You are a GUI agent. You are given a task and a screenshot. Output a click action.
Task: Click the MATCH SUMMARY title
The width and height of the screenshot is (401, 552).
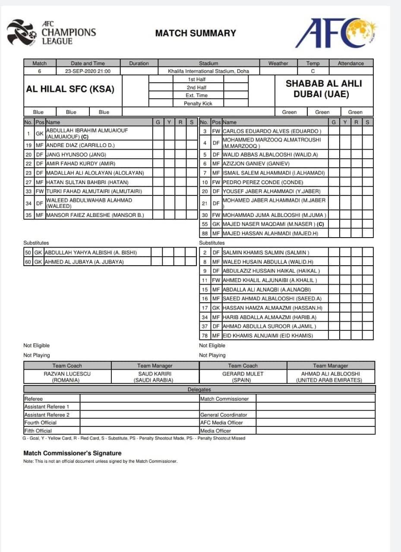click(x=196, y=33)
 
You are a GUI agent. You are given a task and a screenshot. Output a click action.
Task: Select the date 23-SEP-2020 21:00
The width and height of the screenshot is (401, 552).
click(x=88, y=71)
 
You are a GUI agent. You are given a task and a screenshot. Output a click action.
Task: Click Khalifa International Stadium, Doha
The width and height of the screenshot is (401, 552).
click(x=208, y=71)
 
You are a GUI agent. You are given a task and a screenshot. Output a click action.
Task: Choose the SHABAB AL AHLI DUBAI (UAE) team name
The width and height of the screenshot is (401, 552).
click(x=324, y=89)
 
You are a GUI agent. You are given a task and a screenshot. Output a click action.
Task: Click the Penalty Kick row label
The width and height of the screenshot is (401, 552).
click(x=198, y=103)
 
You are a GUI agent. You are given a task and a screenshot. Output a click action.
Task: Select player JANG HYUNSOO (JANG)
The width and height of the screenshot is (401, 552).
click(x=76, y=154)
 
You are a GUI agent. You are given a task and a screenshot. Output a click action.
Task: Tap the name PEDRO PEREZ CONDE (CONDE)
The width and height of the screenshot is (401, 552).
click(x=263, y=182)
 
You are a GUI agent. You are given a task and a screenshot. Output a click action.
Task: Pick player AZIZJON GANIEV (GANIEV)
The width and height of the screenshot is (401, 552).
click(x=256, y=163)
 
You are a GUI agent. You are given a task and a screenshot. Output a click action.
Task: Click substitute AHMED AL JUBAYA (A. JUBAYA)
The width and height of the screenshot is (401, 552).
click(x=84, y=262)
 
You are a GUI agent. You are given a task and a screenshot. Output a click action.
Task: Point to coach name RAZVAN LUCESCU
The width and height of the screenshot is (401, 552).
click(x=67, y=374)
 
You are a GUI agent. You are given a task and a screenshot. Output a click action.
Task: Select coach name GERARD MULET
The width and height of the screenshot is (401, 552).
click(x=243, y=374)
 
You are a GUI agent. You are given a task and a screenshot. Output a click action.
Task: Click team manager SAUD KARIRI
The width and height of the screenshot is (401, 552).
click(x=155, y=374)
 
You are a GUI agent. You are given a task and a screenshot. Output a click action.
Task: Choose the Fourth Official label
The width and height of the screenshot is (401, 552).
click(x=40, y=423)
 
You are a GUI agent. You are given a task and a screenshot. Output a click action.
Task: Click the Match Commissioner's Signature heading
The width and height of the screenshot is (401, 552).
click(x=72, y=453)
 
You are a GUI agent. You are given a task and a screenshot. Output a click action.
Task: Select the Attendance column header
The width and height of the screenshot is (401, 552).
click(x=350, y=63)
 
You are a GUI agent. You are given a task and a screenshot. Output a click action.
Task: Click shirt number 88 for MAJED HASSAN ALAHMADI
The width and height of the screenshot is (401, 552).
click(x=205, y=233)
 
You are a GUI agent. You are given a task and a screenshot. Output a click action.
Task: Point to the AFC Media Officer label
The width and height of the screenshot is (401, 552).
click(x=221, y=423)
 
